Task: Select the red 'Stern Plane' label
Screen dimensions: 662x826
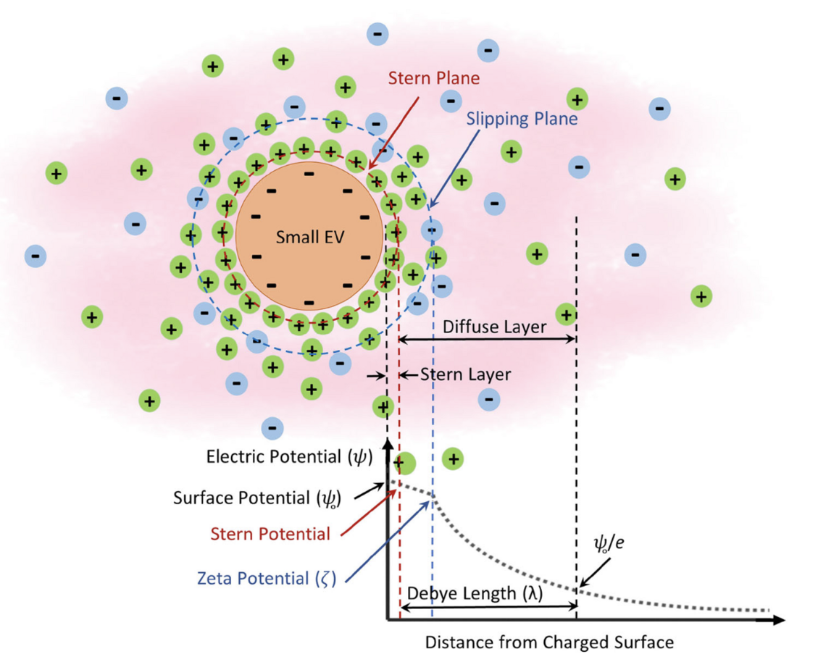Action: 434,77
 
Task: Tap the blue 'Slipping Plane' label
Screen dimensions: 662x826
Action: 522,118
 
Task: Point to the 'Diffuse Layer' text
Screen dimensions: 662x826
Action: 494,327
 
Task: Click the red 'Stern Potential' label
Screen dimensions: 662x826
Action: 270,535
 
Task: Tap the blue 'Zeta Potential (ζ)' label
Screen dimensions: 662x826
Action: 267,579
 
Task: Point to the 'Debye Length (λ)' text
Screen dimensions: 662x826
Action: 475,593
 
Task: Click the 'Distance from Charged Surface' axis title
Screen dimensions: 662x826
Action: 549,642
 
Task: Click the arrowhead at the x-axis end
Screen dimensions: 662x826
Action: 778,620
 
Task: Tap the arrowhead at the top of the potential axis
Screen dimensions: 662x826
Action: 388,443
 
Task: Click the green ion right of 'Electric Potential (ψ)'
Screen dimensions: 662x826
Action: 453,458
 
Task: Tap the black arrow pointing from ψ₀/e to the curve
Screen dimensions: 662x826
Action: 593,575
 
